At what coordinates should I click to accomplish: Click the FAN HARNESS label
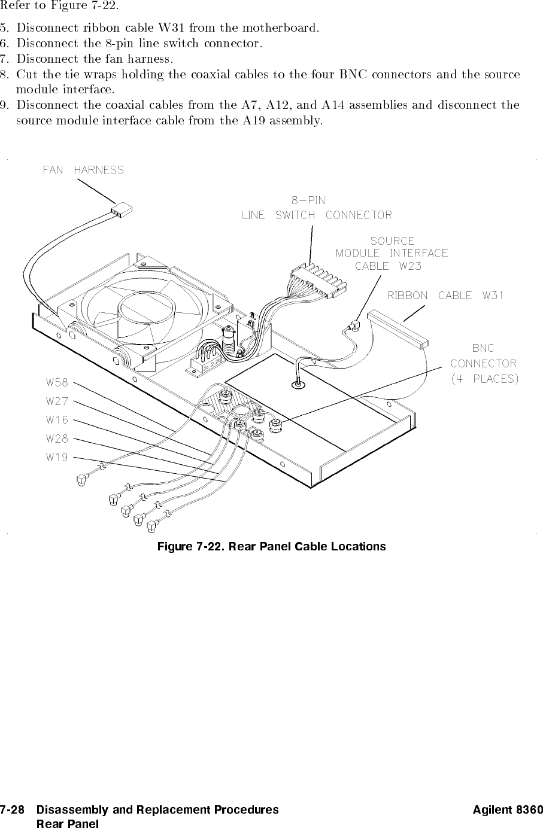coord(83,170)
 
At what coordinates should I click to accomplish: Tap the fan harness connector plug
coord(122,209)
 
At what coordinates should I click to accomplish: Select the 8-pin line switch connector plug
coord(318,281)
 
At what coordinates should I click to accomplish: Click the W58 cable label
coord(57,382)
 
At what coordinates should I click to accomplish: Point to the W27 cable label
coord(57,401)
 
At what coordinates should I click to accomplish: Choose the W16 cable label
coord(57,420)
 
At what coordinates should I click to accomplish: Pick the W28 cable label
coord(57,439)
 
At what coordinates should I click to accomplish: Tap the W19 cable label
coord(57,457)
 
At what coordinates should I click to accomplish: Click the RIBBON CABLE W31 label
coord(445,296)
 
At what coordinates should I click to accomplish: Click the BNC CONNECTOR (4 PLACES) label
coord(484,364)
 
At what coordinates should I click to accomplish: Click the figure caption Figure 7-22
coord(272,547)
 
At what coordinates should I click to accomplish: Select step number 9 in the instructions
coord(4,105)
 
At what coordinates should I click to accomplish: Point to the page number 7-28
coord(12,809)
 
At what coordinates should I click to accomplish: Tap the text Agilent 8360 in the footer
coord(508,809)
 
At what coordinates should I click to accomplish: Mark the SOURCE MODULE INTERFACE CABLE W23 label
coord(392,254)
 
